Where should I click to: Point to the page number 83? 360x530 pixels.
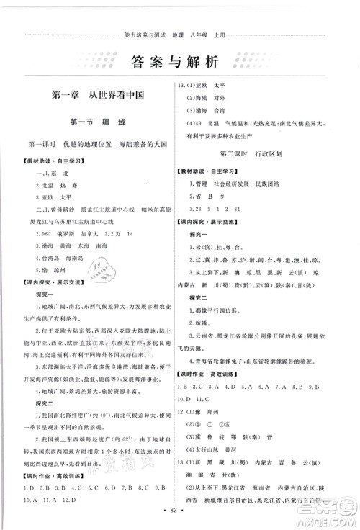coord(179,518)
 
